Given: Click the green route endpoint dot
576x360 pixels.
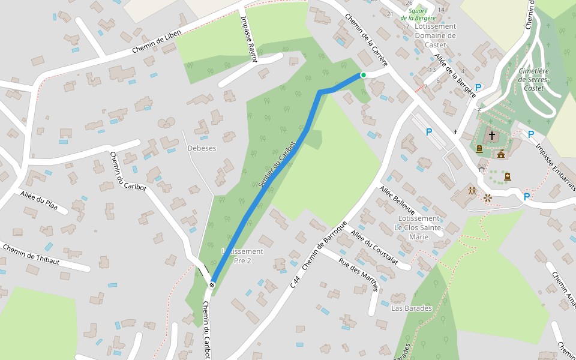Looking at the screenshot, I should (x=363, y=75).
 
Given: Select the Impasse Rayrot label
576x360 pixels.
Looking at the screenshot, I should (x=248, y=40).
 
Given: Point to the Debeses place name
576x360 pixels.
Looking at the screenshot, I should (x=202, y=148).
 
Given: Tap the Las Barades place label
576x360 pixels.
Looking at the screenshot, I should (x=411, y=308).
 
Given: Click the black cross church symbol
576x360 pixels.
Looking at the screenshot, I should (x=492, y=136).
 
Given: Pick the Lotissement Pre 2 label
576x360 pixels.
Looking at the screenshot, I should (x=242, y=256).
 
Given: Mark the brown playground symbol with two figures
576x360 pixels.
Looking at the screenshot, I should (x=472, y=191).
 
